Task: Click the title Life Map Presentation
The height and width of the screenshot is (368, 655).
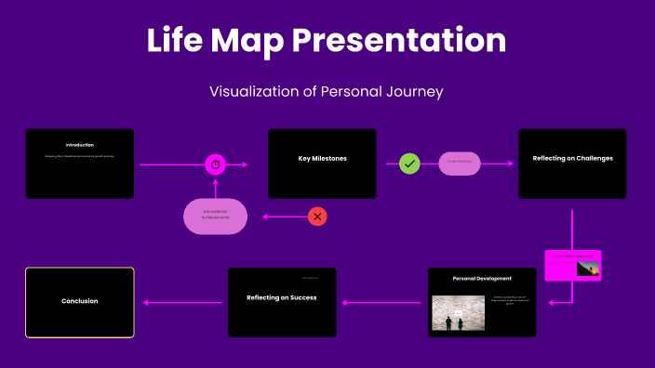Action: click(x=327, y=41)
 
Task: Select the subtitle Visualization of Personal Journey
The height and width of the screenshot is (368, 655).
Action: click(x=327, y=91)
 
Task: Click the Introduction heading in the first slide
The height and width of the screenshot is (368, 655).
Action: click(x=79, y=145)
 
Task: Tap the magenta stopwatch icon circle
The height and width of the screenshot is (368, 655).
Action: click(x=215, y=164)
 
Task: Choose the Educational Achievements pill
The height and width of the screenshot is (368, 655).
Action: click(x=215, y=217)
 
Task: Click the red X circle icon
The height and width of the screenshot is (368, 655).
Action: click(x=317, y=217)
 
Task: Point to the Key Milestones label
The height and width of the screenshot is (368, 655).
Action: click(x=322, y=159)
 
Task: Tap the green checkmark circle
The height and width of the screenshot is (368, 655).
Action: click(x=409, y=164)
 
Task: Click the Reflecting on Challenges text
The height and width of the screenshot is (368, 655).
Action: click(x=572, y=159)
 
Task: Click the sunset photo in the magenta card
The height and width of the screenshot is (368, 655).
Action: click(x=587, y=269)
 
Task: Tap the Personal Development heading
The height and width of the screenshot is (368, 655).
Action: click(x=482, y=279)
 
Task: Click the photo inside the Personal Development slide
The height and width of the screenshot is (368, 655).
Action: click(x=458, y=314)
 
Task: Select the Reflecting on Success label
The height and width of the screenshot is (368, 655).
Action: click(x=282, y=297)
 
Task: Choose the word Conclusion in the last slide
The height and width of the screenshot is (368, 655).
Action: click(x=79, y=301)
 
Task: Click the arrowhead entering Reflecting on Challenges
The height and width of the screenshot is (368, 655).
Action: click(x=510, y=164)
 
